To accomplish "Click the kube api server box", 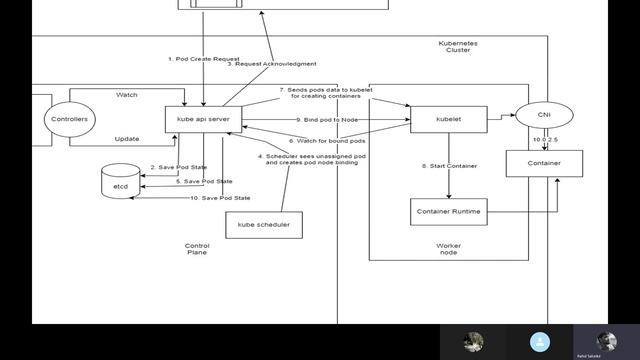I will click(204, 119).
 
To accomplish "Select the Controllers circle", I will click(69, 119).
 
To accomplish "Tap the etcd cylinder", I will click(116, 184).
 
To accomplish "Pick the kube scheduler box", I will click(263, 225).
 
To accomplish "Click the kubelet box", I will click(448, 119).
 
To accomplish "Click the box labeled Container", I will click(544, 162).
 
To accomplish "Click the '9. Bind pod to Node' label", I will click(326, 120).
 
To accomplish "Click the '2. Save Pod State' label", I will click(179, 166).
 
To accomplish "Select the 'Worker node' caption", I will click(449, 249).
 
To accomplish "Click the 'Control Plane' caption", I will click(197, 249).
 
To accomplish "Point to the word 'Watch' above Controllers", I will click(127, 96).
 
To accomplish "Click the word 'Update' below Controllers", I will click(127, 138).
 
